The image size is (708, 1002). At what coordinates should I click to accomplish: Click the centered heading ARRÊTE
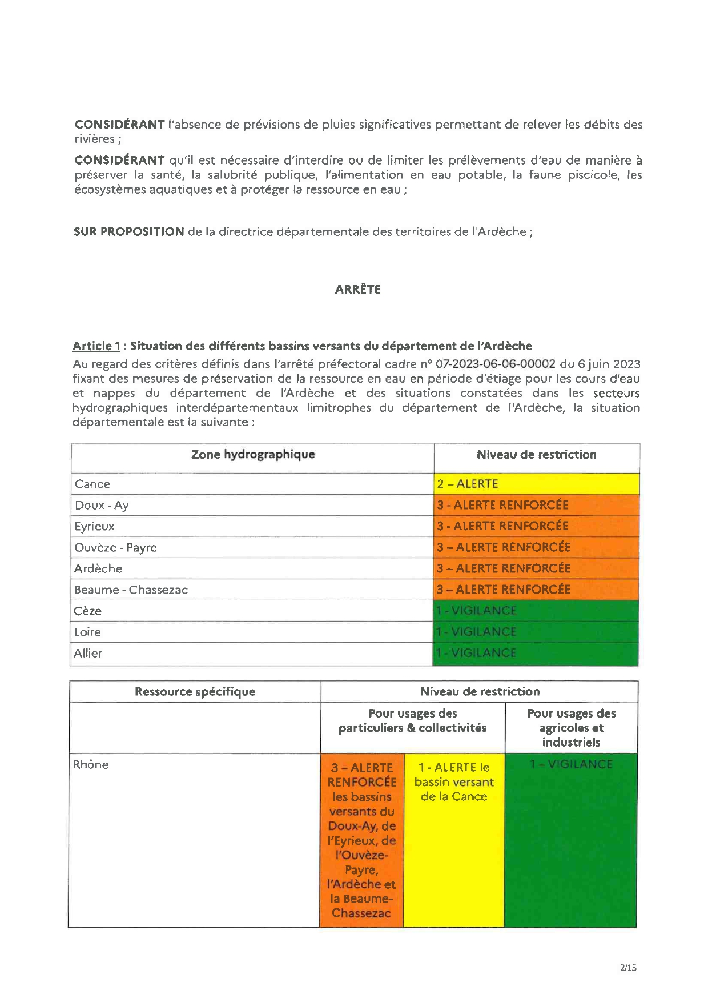(357, 289)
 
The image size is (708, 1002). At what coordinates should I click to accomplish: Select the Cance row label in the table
(92, 484)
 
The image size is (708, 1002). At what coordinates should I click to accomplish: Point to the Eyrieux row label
(94, 526)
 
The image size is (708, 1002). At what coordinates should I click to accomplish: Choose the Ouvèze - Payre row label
(115, 547)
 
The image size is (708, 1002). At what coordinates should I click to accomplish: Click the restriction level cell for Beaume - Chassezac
(536, 590)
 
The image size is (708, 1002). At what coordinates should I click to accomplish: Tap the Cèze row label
(87, 611)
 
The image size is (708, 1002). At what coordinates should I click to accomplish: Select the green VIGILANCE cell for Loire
(536, 632)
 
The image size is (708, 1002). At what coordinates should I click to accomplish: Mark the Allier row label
(88, 653)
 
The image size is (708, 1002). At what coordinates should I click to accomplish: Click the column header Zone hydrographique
(252, 455)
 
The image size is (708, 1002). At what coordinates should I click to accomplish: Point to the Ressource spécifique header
(195, 691)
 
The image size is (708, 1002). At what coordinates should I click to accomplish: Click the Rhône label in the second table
(90, 764)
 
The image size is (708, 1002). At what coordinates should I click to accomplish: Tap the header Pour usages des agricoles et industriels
(571, 728)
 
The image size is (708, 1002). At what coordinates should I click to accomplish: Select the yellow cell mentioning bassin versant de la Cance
(454, 782)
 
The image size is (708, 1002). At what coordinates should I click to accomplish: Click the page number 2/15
(627, 968)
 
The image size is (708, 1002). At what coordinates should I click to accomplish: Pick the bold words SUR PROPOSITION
(128, 231)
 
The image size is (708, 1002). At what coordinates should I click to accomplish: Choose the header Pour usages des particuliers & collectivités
(412, 720)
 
